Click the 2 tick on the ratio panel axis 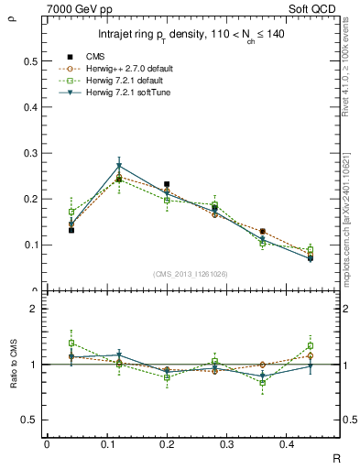point(33,310)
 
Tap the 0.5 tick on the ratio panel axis point(30,420)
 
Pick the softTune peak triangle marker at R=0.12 point(119,166)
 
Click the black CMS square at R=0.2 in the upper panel point(167,184)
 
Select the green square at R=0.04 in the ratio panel point(46,343)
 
